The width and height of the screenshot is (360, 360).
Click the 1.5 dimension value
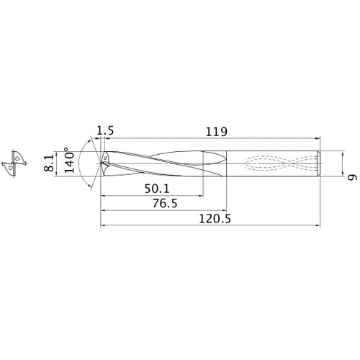tap(105, 131)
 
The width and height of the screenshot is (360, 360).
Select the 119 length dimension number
tap(216, 131)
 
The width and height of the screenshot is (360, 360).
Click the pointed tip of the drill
tap(100, 162)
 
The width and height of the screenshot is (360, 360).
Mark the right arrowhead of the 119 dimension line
tap(318, 139)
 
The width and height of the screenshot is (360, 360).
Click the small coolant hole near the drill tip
tap(105, 156)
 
